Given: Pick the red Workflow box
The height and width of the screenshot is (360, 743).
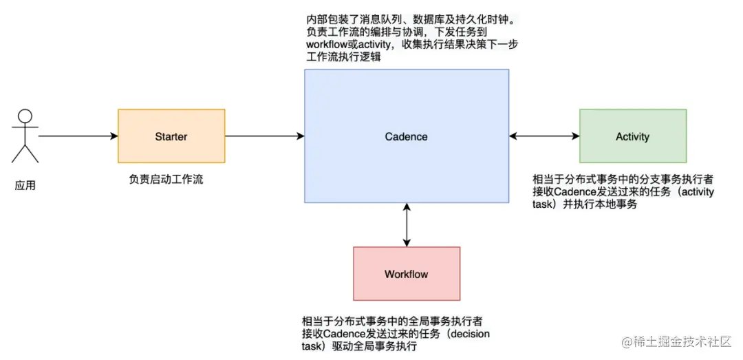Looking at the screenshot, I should coord(407,289).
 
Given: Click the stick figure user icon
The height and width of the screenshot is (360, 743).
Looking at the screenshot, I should coord(25,136).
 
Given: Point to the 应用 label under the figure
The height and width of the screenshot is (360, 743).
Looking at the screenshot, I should coord(25,185).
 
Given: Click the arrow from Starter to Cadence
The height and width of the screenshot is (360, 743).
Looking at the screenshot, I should coord(265,136).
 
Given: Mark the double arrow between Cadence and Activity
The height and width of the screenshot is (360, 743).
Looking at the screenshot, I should coord(544,136).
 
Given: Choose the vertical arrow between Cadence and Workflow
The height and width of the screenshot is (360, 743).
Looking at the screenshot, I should coord(407,225).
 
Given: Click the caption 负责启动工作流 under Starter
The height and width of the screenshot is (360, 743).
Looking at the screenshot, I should coord(166,180).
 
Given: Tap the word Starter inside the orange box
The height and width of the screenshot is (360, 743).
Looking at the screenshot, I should coord(171,136).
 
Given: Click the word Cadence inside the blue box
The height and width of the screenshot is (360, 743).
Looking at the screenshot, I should coord(407,136).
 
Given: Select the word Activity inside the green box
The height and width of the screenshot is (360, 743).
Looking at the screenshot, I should coord(633,136).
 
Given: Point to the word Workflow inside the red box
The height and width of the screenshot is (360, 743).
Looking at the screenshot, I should coord(407,274).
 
